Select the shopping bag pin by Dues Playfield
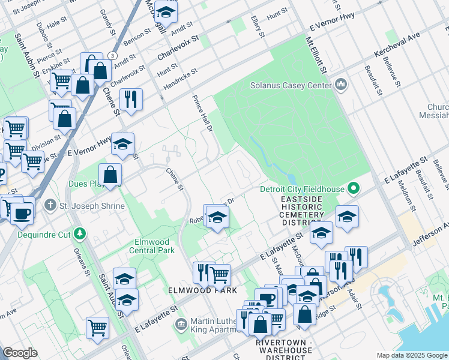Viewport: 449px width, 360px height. pyautogui.click(x=110, y=175)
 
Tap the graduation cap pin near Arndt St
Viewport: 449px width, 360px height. pyautogui.click(x=165, y=11)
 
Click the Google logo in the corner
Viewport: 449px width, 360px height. pyautogui.click(x=20, y=353)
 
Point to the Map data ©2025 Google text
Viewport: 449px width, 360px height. pyautogui.click(x=411, y=355)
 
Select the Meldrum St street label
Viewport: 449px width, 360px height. pyautogui.click(x=396, y=193)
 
